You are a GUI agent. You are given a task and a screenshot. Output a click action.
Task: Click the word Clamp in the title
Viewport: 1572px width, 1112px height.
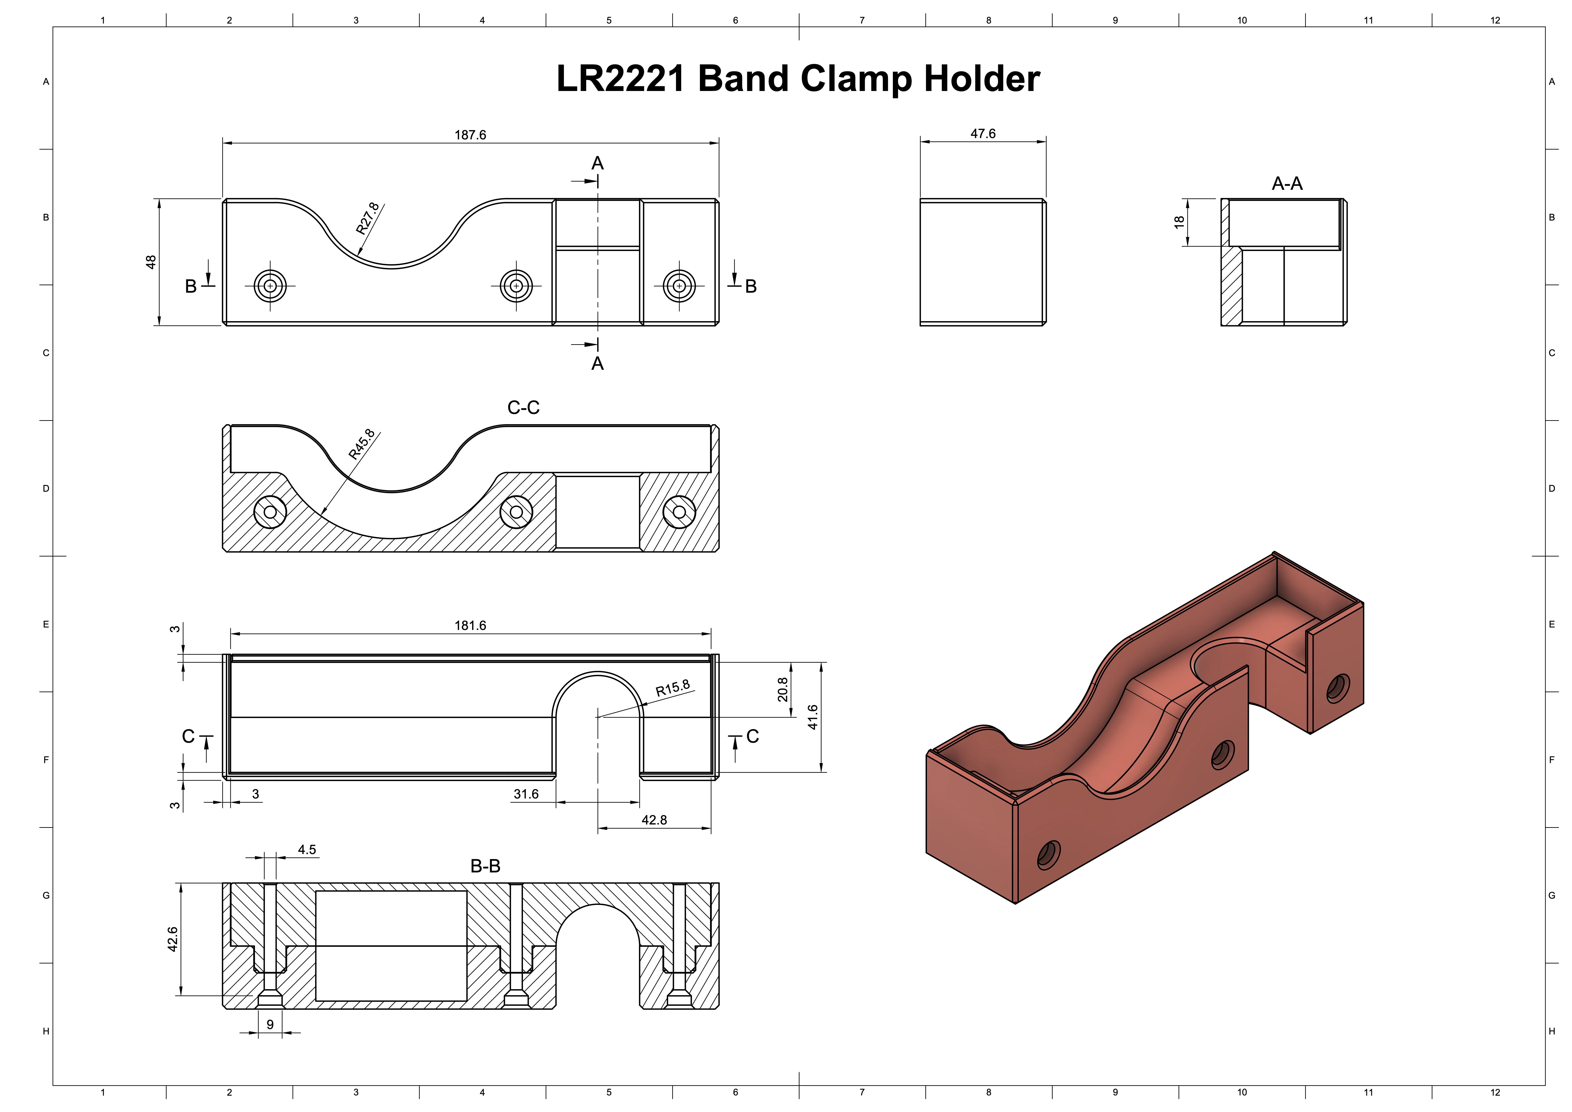pos(856,79)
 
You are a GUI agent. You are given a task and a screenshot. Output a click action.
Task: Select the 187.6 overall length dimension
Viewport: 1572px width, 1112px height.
pos(470,135)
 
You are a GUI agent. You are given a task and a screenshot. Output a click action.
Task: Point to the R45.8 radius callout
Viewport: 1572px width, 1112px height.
pos(361,444)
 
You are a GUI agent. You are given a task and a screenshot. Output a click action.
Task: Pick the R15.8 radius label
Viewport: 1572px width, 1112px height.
pos(672,688)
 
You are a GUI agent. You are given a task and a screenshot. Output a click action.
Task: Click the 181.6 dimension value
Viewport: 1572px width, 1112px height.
pos(470,625)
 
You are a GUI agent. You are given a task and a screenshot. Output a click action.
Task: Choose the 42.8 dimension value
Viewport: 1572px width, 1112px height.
pos(654,820)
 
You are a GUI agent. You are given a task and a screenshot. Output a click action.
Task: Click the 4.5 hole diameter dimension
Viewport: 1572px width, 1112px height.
pos(307,850)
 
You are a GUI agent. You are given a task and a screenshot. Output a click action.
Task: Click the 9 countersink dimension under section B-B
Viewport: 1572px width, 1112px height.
pos(270,1024)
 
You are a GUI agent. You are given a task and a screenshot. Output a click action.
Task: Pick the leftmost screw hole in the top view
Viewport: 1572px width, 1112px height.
pos(270,286)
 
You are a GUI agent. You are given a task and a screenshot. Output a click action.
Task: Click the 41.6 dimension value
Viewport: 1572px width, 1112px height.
pos(813,717)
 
